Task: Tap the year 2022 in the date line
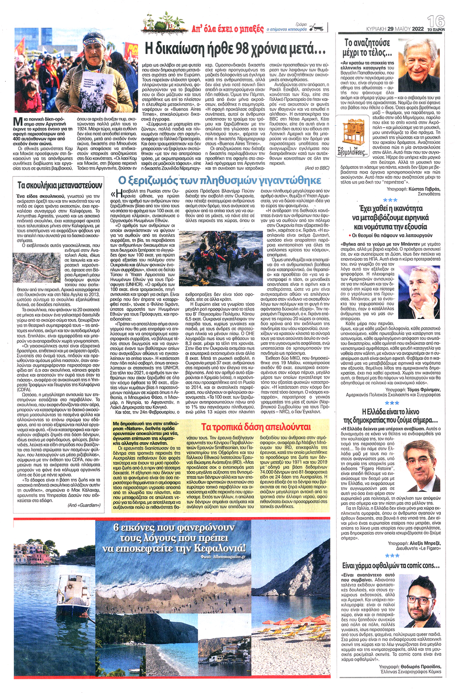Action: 417,29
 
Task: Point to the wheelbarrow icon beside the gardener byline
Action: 316,28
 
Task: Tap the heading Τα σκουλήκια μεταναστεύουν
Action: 60,185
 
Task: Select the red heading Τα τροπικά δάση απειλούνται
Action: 256,427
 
